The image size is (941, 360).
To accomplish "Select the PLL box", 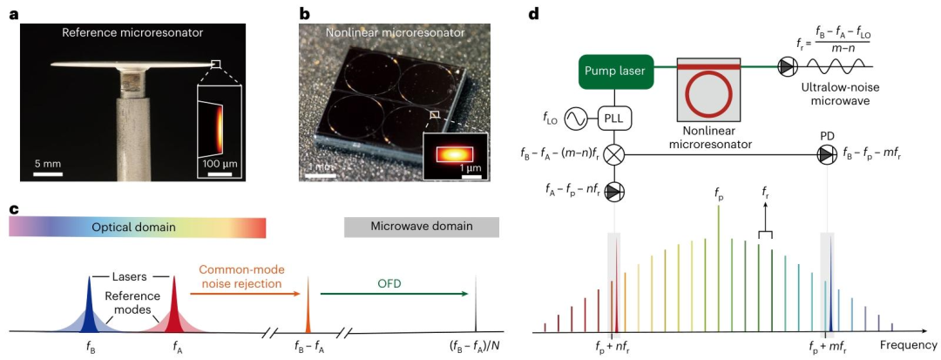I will pyautogui.click(x=615, y=118).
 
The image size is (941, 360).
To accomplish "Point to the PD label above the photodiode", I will pyautogui.click(x=827, y=136).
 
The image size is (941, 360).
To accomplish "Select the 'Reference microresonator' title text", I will pyautogui.click(x=132, y=34).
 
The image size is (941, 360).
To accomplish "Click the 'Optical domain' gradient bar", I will pyautogui.click(x=137, y=227).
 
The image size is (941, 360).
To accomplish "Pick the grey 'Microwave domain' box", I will pyautogui.click(x=422, y=227).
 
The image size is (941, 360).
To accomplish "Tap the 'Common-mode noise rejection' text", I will pyautogui.click(x=236, y=278).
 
